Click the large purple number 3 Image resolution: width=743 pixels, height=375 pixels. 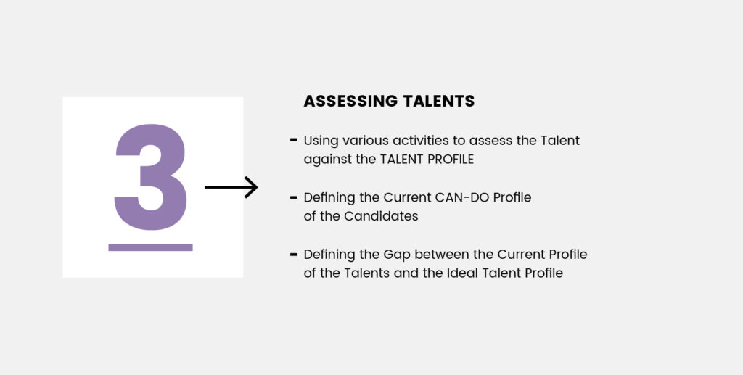coord(151,177)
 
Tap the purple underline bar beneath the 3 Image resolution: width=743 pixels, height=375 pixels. coord(151,247)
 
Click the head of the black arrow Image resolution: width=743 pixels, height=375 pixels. coord(251,187)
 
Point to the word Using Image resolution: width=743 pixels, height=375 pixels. coord(321,141)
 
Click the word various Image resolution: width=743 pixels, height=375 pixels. coord(366,141)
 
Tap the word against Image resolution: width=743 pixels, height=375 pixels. coord(328,160)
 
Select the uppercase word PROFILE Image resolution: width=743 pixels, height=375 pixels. coord(451,160)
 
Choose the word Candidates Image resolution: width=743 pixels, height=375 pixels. coord(381,216)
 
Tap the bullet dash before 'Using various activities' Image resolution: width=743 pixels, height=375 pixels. coord(294,140)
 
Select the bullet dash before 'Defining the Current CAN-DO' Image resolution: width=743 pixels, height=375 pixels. coord(294,197)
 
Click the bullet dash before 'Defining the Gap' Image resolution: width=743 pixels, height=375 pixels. coord(294,255)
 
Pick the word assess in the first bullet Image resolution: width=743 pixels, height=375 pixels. coord(493,141)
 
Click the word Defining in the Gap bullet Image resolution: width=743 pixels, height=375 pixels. coord(329,255)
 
